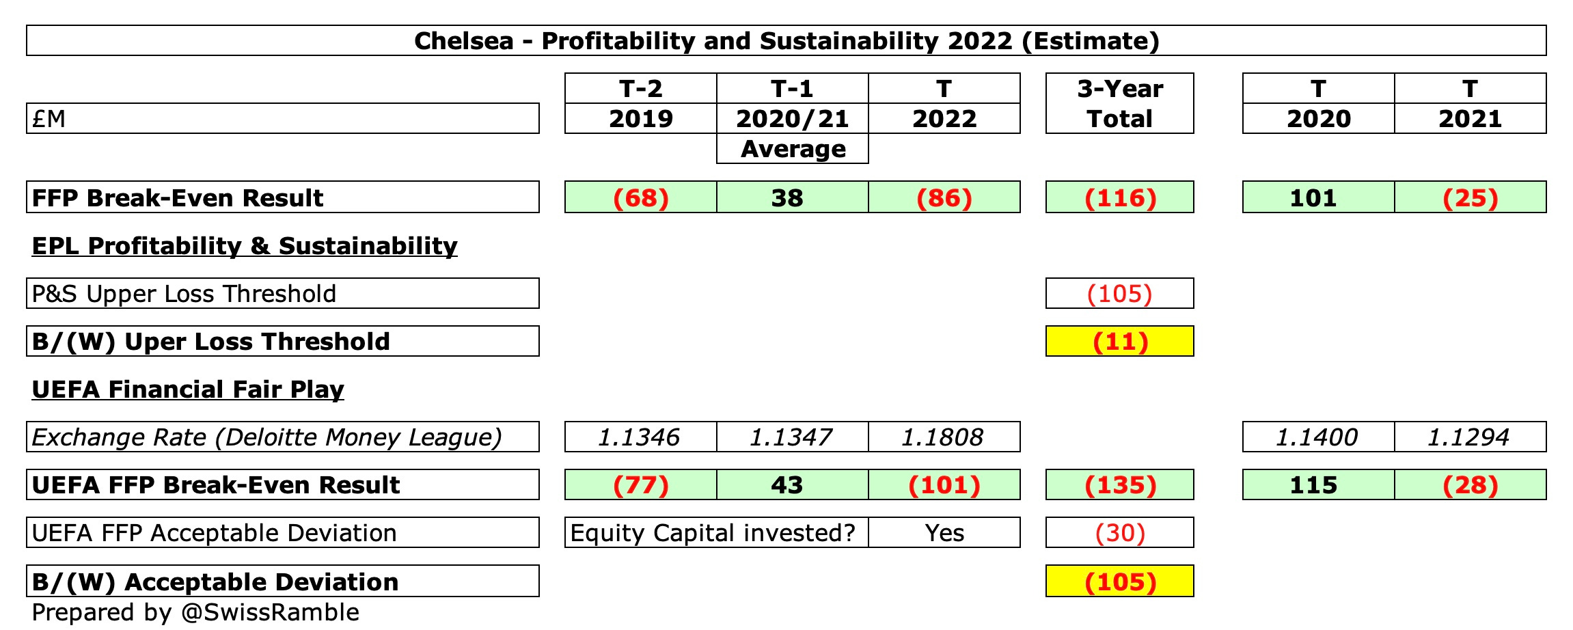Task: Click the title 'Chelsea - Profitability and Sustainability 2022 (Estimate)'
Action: click(x=786, y=41)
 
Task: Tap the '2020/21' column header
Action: click(x=792, y=119)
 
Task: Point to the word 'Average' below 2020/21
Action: click(x=793, y=149)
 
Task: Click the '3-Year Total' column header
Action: click(x=1119, y=104)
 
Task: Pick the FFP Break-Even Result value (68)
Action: click(x=640, y=197)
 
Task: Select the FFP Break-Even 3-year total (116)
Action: click(x=1120, y=197)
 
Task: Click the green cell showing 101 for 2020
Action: click(x=1318, y=197)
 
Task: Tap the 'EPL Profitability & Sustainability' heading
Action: click(x=245, y=246)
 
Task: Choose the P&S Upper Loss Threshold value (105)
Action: click(x=1120, y=294)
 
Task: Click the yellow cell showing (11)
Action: click(x=1120, y=342)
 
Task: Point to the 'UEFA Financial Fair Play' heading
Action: click(x=188, y=389)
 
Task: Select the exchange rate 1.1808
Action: click(x=944, y=437)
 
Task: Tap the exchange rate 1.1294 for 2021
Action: click(x=1470, y=437)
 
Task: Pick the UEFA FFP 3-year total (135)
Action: click(x=1120, y=485)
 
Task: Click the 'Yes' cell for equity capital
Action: click(x=944, y=533)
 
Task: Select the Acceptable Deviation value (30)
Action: click(x=1120, y=533)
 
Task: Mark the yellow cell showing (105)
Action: click(x=1120, y=581)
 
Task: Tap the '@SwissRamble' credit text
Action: click(x=270, y=612)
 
